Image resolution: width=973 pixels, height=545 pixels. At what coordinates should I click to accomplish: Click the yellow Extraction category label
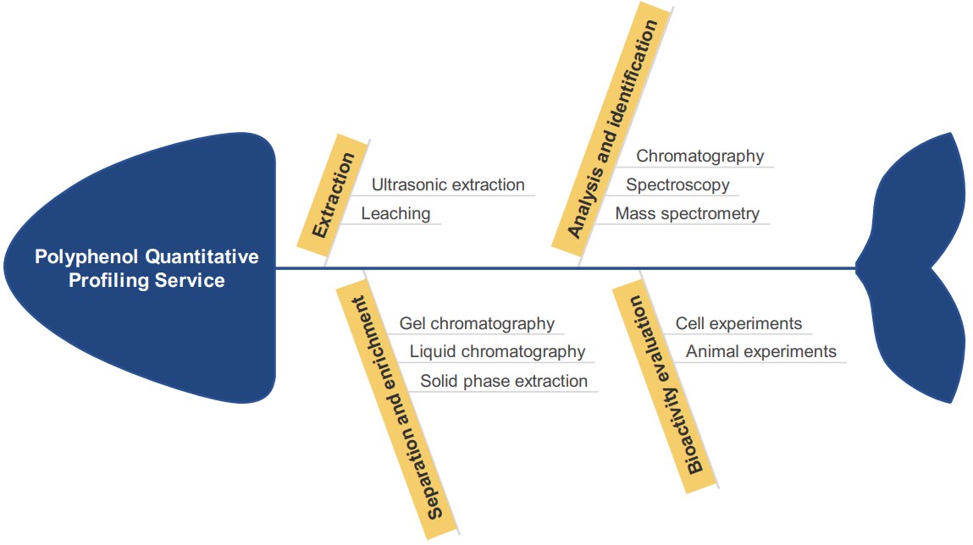(x=334, y=195)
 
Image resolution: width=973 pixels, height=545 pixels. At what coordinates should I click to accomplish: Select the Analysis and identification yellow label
(x=612, y=129)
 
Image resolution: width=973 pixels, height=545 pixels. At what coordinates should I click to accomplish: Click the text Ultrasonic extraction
(x=448, y=184)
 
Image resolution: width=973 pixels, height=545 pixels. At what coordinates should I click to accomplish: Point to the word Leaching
(x=396, y=213)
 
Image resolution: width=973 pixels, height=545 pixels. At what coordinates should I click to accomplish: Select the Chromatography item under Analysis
(x=700, y=156)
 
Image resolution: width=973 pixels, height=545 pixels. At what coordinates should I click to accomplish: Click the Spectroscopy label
(x=677, y=184)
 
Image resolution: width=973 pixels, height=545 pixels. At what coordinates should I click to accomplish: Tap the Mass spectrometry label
(x=688, y=213)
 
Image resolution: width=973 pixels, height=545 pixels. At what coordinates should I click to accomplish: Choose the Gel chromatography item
(x=477, y=323)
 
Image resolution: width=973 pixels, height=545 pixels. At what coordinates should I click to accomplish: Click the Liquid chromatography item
(x=497, y=351)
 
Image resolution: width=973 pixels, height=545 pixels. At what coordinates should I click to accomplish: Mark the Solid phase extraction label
(x=504, y=381)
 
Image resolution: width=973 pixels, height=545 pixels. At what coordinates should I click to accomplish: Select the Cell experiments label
(x=738, y=323)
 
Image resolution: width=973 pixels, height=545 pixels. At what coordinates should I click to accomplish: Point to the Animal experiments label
(x=760, y=351)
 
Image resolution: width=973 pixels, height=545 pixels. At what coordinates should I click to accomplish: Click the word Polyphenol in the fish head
(x=86, y=256)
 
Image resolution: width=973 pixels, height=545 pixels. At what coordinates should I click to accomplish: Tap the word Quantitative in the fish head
(x=202, y=256)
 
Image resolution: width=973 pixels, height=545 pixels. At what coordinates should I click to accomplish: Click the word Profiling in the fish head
(x=108, y=280)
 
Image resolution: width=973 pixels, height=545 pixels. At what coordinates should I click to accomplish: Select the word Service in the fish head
(x=190, y=280)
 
